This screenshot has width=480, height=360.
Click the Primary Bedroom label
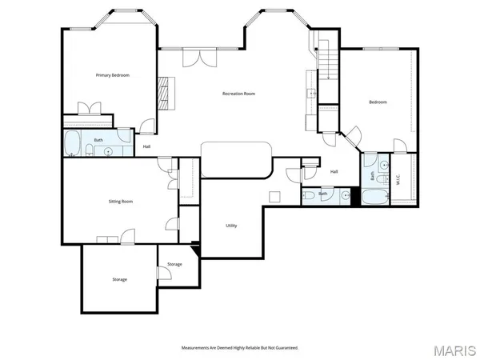[107, 75]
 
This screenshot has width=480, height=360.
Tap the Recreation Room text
[238, 94]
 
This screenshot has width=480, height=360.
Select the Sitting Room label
[120, 202]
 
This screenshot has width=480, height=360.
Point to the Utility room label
[231, 225]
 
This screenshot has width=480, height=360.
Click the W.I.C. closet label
[398, 179]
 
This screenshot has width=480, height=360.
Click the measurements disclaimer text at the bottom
[240, 348]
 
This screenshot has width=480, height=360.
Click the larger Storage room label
[119, 279]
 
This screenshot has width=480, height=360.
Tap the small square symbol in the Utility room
[274, 197]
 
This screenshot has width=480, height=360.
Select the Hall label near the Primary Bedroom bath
[147, 146]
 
